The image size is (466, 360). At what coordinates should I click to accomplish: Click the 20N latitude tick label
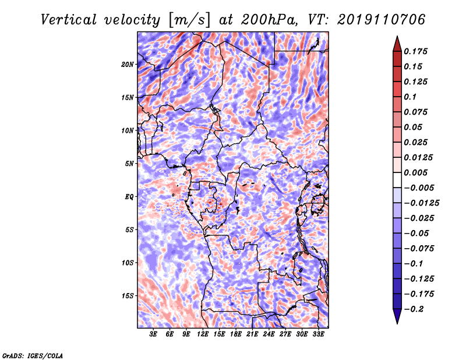click(127, 65)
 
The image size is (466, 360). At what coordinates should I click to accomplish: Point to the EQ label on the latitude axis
click(129, 197)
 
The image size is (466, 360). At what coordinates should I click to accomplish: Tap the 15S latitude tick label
click(127, 296)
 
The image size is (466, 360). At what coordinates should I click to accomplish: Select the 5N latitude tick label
click(129, 164)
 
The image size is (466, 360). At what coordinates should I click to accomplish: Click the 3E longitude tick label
click(153, 334)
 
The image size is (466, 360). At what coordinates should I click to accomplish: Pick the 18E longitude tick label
click(236, 334)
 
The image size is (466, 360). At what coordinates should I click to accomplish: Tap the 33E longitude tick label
click(318, 334)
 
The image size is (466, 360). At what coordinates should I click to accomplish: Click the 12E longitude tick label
click(203, 334)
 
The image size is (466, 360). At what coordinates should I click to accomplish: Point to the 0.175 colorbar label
click(415, 51)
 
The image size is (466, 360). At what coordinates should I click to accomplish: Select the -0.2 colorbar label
click(413, 309)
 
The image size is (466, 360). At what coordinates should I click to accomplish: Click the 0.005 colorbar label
click(415, 172)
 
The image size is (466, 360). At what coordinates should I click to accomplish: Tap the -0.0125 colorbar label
click(421, 203)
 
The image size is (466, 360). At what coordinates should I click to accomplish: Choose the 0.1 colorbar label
click(410, 97)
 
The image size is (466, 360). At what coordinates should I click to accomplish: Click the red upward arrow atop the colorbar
click(397, 44)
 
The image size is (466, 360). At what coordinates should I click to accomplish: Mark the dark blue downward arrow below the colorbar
click(397, 316)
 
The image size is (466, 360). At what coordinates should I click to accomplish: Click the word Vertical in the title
click(69, 20)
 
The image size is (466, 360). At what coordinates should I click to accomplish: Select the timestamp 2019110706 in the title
click(382, 20)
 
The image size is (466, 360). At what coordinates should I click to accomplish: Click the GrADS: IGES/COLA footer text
click(33, 355)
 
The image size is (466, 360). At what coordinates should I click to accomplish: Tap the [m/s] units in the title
click(189, 20)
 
